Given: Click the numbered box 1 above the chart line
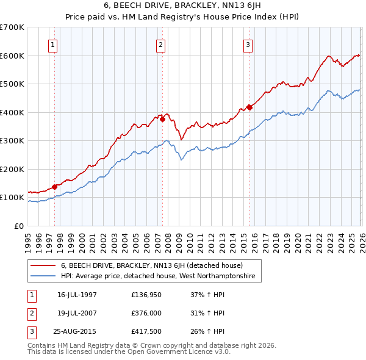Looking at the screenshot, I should pos(54,44).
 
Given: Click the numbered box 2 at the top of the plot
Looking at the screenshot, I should pos(160,44).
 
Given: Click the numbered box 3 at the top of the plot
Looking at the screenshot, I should pos(248,44).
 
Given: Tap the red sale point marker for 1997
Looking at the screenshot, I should pos(54,187).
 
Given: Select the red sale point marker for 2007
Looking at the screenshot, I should pos(162,120).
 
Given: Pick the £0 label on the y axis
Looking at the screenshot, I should pos(18,226).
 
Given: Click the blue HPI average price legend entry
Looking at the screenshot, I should pos(160,277).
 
